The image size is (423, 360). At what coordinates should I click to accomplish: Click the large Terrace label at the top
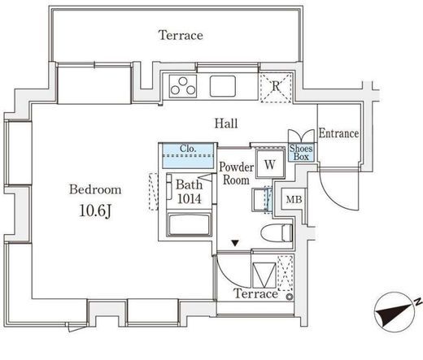click(181, 36)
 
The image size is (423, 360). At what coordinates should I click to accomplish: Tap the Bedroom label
click(95, 189)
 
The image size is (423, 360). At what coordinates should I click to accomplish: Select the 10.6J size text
click(95, 210)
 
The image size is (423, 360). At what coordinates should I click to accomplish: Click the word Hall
click(226, 124)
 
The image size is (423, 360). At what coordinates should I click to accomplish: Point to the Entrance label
click(339, 133)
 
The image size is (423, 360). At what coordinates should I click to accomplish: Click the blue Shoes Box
click(301, 153)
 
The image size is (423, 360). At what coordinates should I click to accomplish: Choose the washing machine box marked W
click(270, 164)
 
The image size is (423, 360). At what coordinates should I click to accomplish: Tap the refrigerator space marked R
click(276, 87)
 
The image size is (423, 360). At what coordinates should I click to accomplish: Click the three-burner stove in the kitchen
click(183, 86)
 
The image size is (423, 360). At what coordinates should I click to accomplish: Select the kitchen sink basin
click(223, 86)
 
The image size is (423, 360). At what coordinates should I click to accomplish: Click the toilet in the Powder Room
click(277, 232)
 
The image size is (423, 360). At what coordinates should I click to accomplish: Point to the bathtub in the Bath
click(190, 224)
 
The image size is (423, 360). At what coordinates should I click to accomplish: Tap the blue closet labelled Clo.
click(188, 156)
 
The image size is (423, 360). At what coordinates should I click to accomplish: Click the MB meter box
click(294, 200)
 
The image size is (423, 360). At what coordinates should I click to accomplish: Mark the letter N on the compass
click(419, 301)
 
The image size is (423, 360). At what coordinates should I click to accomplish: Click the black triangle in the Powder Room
click(235, 243)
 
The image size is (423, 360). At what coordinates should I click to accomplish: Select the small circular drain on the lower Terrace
click(290, 297)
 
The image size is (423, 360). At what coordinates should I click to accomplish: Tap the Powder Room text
click(236, 173)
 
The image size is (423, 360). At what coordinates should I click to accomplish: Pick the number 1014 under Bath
click(190, 199)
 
